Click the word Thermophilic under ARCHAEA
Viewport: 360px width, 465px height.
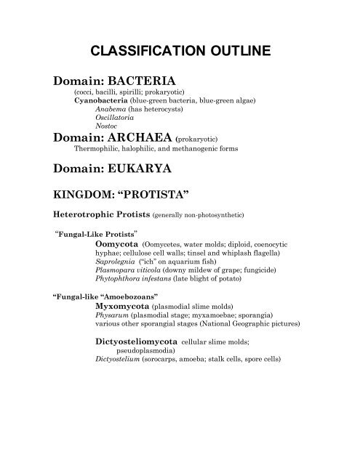tap(99, 150)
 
